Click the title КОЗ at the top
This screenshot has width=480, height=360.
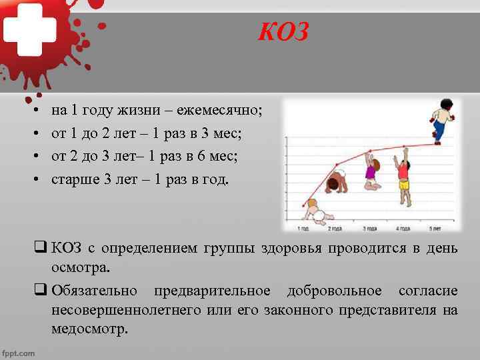[x=283, y=32]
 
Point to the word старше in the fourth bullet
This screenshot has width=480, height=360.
[x=73, y=179]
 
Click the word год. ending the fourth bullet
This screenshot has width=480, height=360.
[x=214, y=179]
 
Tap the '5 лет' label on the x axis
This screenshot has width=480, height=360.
[x=435, y=229]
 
